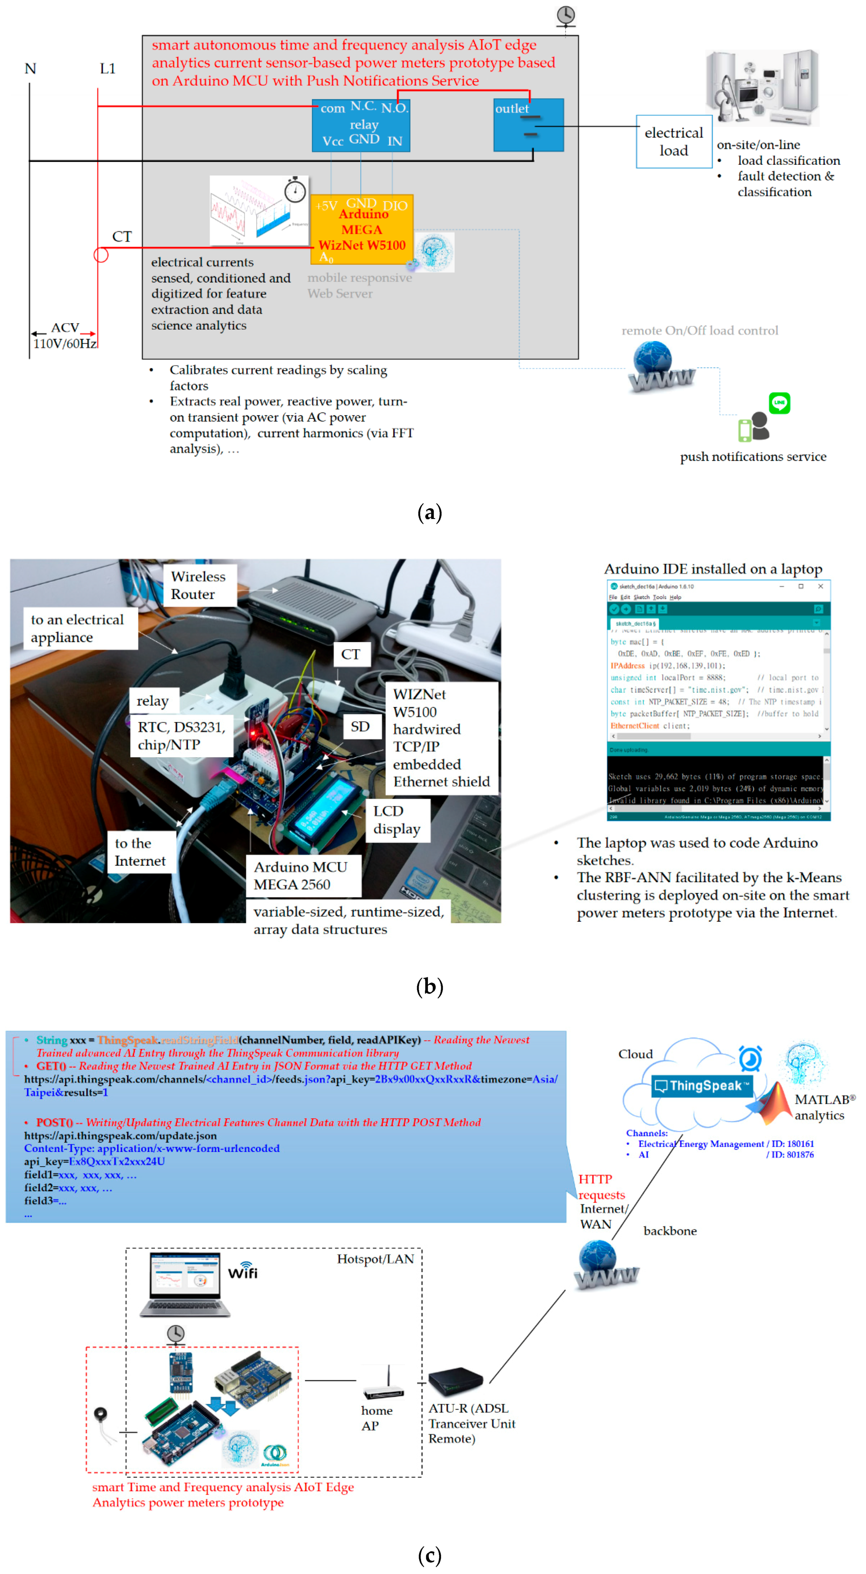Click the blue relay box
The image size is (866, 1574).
point(361,125)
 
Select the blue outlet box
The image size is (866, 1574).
point(528,125)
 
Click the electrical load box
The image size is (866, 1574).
point(674,142)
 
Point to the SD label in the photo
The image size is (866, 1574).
point(360,727)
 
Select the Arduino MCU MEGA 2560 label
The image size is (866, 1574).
point(301,876)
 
